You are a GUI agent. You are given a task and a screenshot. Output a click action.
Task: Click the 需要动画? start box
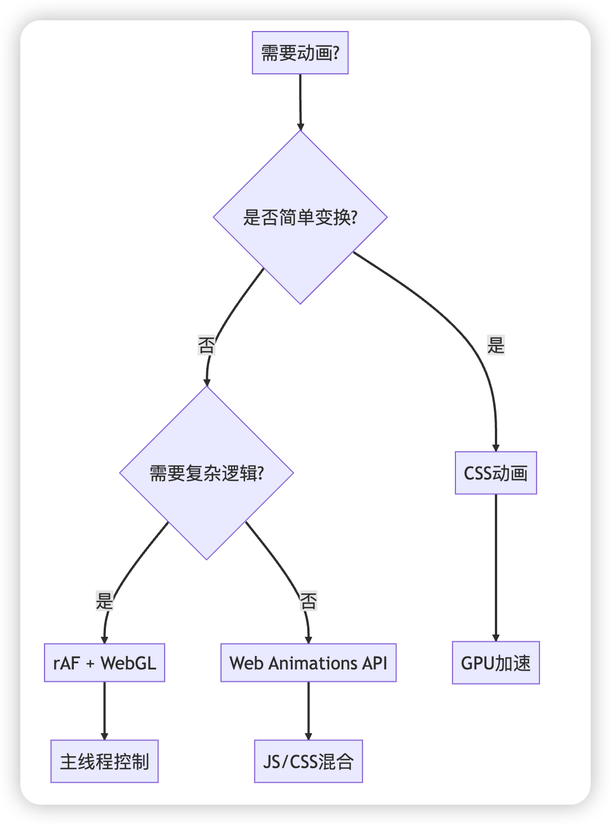point(300,53)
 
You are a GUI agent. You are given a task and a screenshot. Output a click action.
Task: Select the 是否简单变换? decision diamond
point(300,217)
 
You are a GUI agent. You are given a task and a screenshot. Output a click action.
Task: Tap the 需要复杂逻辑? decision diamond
point(206,473)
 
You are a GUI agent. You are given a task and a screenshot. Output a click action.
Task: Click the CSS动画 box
point(495,473)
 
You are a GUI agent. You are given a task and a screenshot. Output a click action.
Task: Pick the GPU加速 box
point(495,663)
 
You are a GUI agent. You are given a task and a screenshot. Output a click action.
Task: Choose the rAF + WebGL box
point(104,663)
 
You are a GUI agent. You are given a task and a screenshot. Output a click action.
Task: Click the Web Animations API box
point(308,663)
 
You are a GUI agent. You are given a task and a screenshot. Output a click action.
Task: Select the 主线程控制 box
point(104,761)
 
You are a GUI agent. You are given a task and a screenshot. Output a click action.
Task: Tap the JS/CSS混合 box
point(308,761)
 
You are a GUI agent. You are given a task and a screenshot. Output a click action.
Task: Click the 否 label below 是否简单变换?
point(206,345)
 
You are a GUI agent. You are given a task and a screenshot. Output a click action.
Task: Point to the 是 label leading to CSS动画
point(495,345)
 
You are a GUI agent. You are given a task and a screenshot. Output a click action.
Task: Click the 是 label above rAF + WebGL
point(104,600)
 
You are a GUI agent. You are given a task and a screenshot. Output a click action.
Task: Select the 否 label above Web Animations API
point(308,600)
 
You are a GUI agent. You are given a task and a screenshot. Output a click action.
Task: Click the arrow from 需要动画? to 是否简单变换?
point(300,103)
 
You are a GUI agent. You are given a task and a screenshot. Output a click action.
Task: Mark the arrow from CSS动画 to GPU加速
point(495,567)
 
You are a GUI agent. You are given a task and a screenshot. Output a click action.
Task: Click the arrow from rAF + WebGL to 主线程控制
point(104,711)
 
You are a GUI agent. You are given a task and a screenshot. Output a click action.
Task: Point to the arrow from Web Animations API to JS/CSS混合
point(308,711)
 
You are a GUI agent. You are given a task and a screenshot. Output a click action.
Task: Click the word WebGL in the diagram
point(129,663)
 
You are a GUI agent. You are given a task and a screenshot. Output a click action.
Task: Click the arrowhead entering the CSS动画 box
point(495,447)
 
